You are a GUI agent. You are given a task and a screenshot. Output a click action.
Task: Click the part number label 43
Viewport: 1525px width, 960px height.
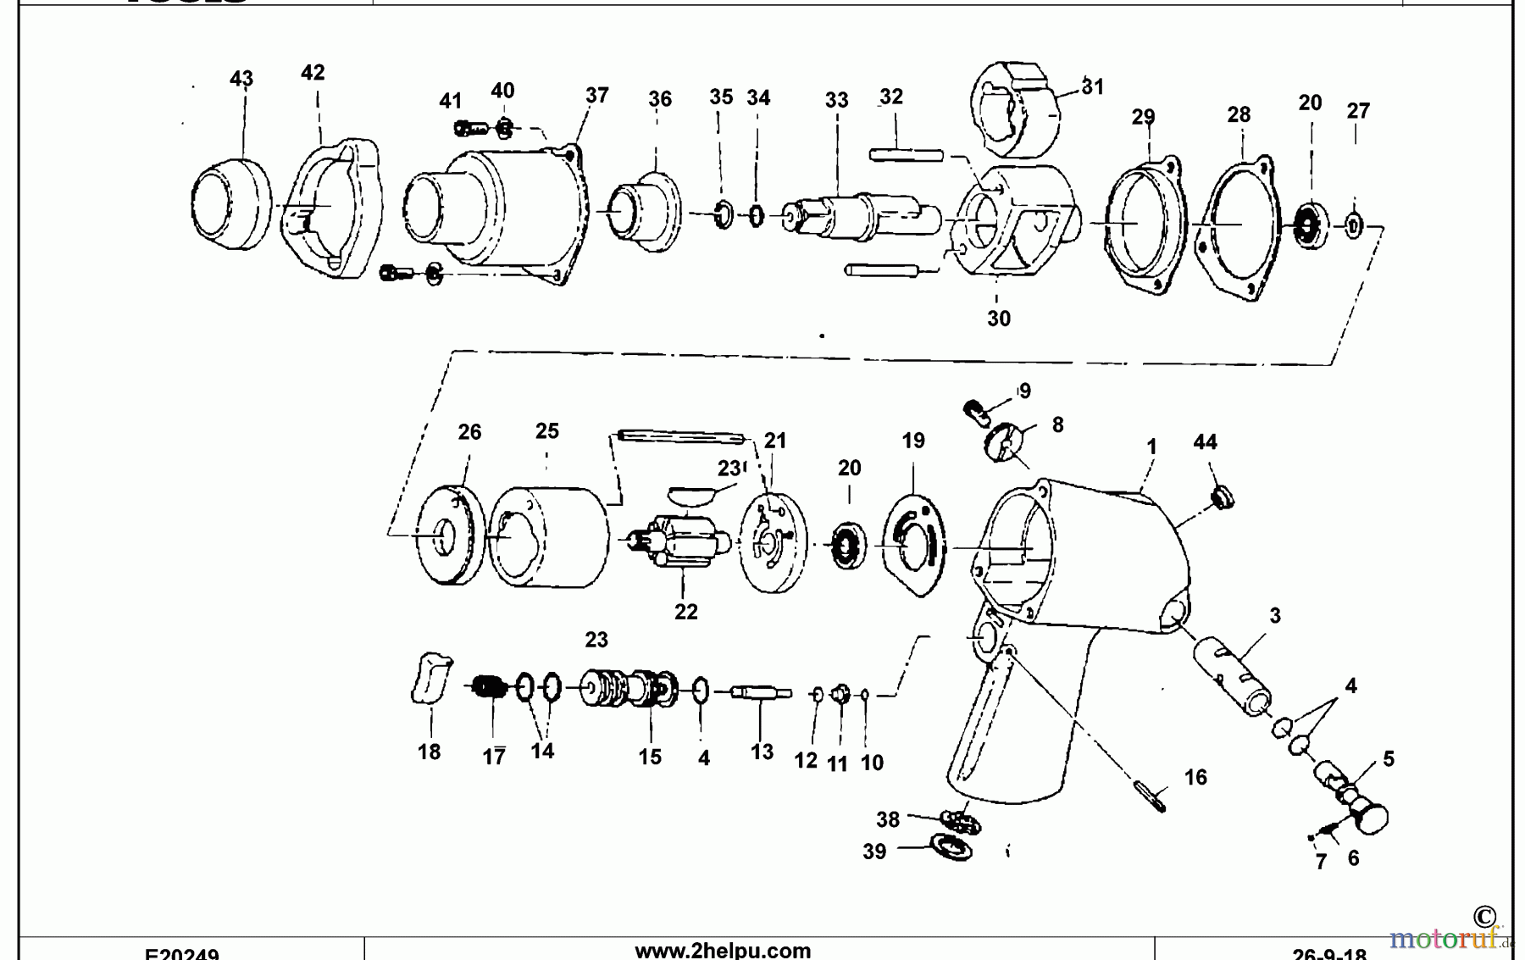click(x=241, y=79)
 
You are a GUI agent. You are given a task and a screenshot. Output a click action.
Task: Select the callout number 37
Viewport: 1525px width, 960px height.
click(x=596, y=96)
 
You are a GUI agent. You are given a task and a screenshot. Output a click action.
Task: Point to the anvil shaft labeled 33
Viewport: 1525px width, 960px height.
click(x=856, y=215)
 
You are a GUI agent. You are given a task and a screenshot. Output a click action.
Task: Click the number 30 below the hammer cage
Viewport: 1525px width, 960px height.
click(x=999, y=319)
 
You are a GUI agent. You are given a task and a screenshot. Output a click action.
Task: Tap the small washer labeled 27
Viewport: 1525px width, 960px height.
click(x=1354, y=225)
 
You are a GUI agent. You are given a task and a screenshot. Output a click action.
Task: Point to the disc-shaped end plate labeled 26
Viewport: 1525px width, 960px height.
click(x=449, y=534)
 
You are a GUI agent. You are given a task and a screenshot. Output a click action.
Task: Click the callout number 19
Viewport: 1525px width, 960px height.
click(x=912, y=441)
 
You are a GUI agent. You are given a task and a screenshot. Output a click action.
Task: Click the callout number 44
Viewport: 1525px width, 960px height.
click(x=1205, y=442)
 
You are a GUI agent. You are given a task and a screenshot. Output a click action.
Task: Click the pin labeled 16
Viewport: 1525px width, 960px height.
click(x=1150, y=796)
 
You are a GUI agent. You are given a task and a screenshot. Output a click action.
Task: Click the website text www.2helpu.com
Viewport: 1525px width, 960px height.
click(x=722, y=951)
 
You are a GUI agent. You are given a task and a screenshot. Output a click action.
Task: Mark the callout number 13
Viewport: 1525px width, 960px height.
click(x=761, y=752)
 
